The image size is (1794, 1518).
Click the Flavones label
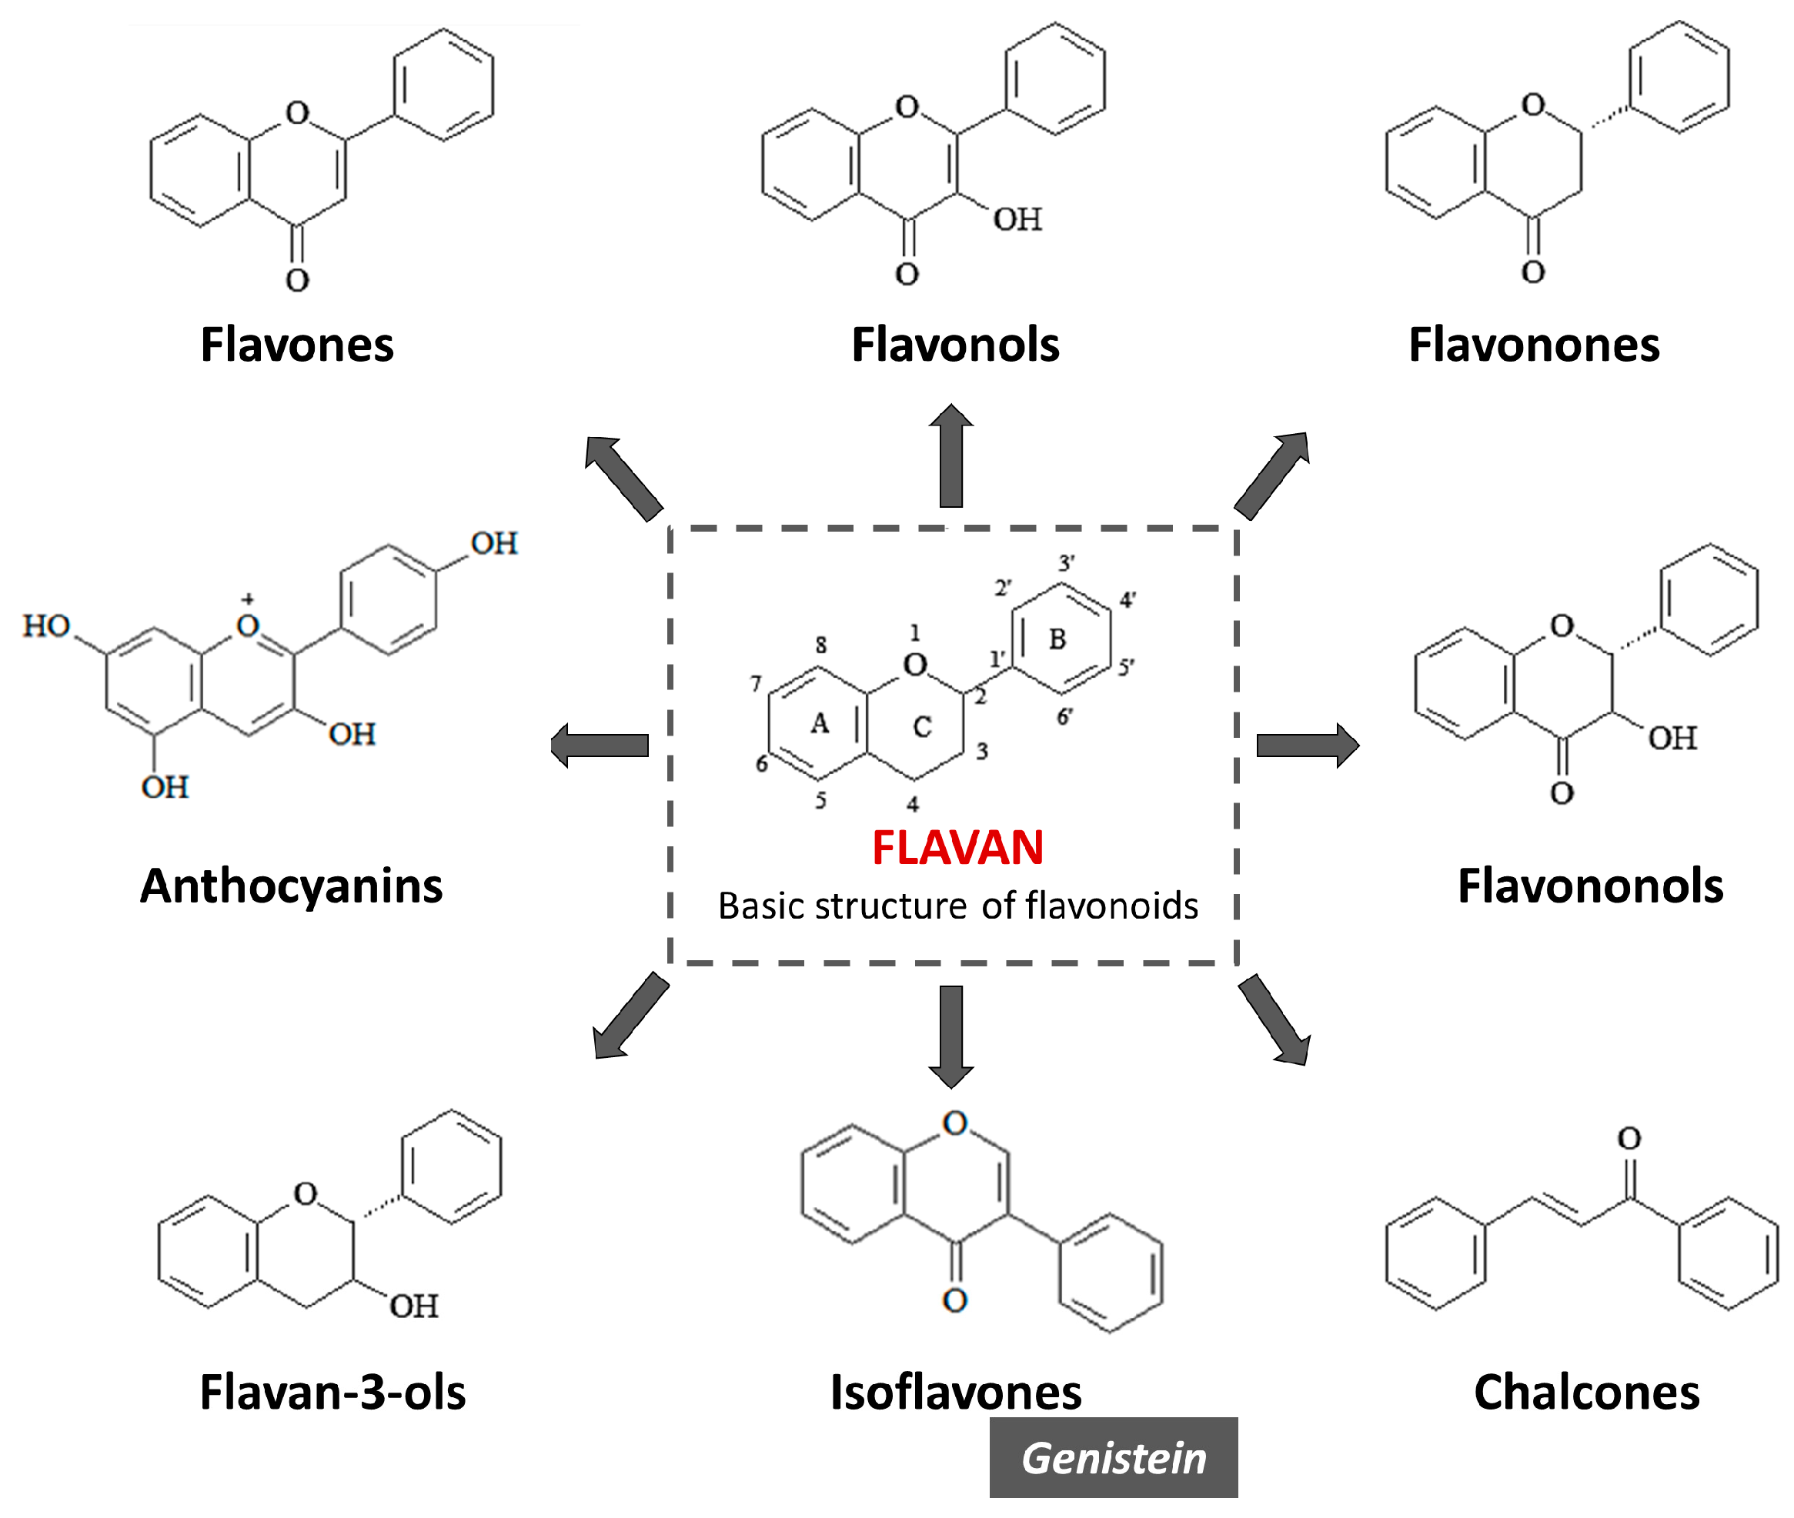pyautogui.click(x=297, y=345)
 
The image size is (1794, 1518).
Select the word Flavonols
pyautogui.click(x=954, y=345)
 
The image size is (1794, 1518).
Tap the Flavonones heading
pyautogui.click(x=1533, y=345)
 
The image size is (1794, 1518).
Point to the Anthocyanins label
pyautogui.click(x=291, y=886)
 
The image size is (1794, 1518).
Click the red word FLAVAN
pyautogui.click(x=957, y=848)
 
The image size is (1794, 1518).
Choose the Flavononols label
pyautogui.click(x=1590, y=886)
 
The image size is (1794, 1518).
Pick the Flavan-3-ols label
pyautogui.click(x=332, y=1393)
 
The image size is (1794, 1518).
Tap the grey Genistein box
pyautogui.click(x=1113, y=1459)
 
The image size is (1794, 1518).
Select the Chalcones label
pyautogui.click(x=1586, y=1393)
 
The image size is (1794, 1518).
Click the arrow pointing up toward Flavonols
pyautogui.click(x=950, y=456)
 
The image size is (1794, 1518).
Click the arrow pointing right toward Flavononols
pyautogui.click(x=1307, y=746)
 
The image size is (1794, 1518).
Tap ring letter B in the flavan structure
pyautogui.click(x=1057, y=639)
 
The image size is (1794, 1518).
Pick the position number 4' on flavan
pyautogui.click(x=1128, y=600)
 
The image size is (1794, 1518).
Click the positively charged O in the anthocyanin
pyautogui.click(x=248, y=625)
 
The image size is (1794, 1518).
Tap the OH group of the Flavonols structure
pyautogui.click(x=1017, y=219)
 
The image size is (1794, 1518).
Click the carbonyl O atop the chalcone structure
pyautogui.click(x=1629, y=1139)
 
